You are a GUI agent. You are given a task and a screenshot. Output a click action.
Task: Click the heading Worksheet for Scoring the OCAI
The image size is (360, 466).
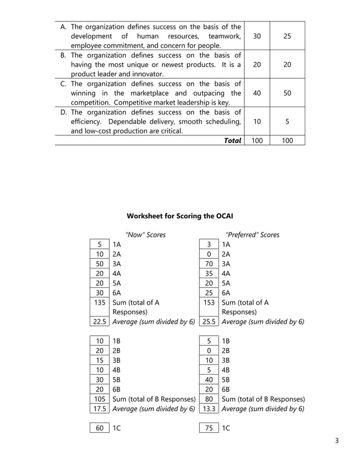[x=179, y=216]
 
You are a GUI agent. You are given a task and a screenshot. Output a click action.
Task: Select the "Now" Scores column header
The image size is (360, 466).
[x=145, y=235]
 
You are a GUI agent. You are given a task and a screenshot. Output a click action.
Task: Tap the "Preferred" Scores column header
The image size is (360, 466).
[x=252, y=235]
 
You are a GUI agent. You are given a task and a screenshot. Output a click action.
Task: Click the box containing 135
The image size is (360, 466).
[x=99, y=302]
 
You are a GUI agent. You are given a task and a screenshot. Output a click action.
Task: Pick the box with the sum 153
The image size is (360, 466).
[x=209, y=302]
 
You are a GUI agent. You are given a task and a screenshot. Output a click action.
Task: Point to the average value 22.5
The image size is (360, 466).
[x=99, y=322]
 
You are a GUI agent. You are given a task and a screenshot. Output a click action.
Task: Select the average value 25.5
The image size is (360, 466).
[x=209, y=322]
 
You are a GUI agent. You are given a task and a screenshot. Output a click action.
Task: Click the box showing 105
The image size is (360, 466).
[x=99, y=399]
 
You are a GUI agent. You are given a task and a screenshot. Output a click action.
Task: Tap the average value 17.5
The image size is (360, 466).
[x=99, y=408]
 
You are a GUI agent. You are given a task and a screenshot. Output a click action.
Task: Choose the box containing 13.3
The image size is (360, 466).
[x=209, y=408]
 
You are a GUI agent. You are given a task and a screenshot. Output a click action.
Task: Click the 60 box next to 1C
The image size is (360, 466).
[x=99, y=428]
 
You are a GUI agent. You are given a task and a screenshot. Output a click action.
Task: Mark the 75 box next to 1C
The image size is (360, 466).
[x=209, y=428]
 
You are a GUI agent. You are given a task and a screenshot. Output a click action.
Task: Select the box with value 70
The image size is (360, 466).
[x=209, y=263]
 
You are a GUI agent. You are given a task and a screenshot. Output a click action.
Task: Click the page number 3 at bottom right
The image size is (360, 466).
[x=336, y=441]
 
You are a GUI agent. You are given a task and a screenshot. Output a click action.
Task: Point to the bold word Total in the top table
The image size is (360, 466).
[x=232, y=140]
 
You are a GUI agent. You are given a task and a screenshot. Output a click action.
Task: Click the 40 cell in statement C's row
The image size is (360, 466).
[x=257, y=93]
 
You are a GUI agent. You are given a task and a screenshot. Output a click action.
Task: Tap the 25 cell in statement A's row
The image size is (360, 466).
[x=287, y=36]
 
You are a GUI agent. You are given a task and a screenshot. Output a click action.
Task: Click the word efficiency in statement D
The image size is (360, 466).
[x=87, y=121]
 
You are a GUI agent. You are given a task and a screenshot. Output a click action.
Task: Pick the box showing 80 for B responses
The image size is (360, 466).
[x=209, y=399]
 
